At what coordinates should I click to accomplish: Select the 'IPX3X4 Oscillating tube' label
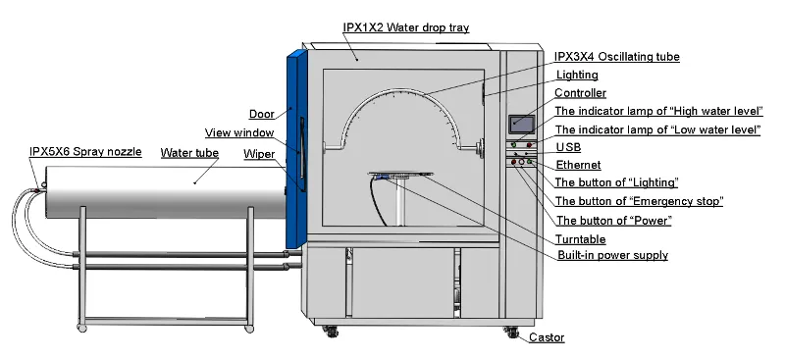pos(616,57)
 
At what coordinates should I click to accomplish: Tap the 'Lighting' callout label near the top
pos(577,75)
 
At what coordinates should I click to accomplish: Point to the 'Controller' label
pos(580,93)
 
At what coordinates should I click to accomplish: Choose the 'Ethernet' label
pos(578,165)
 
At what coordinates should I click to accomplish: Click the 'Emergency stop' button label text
pos(639,201)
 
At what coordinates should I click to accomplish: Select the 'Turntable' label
pos(580,239)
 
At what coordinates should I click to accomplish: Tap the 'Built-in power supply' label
pos(612,255)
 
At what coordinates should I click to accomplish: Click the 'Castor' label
pos(547,338)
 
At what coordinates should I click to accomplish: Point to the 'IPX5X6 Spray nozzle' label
pos(85,152)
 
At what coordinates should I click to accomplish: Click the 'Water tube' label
pos(189,153)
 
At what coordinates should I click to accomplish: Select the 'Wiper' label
pos(259,153)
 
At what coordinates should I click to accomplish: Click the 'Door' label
pos(261,113)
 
